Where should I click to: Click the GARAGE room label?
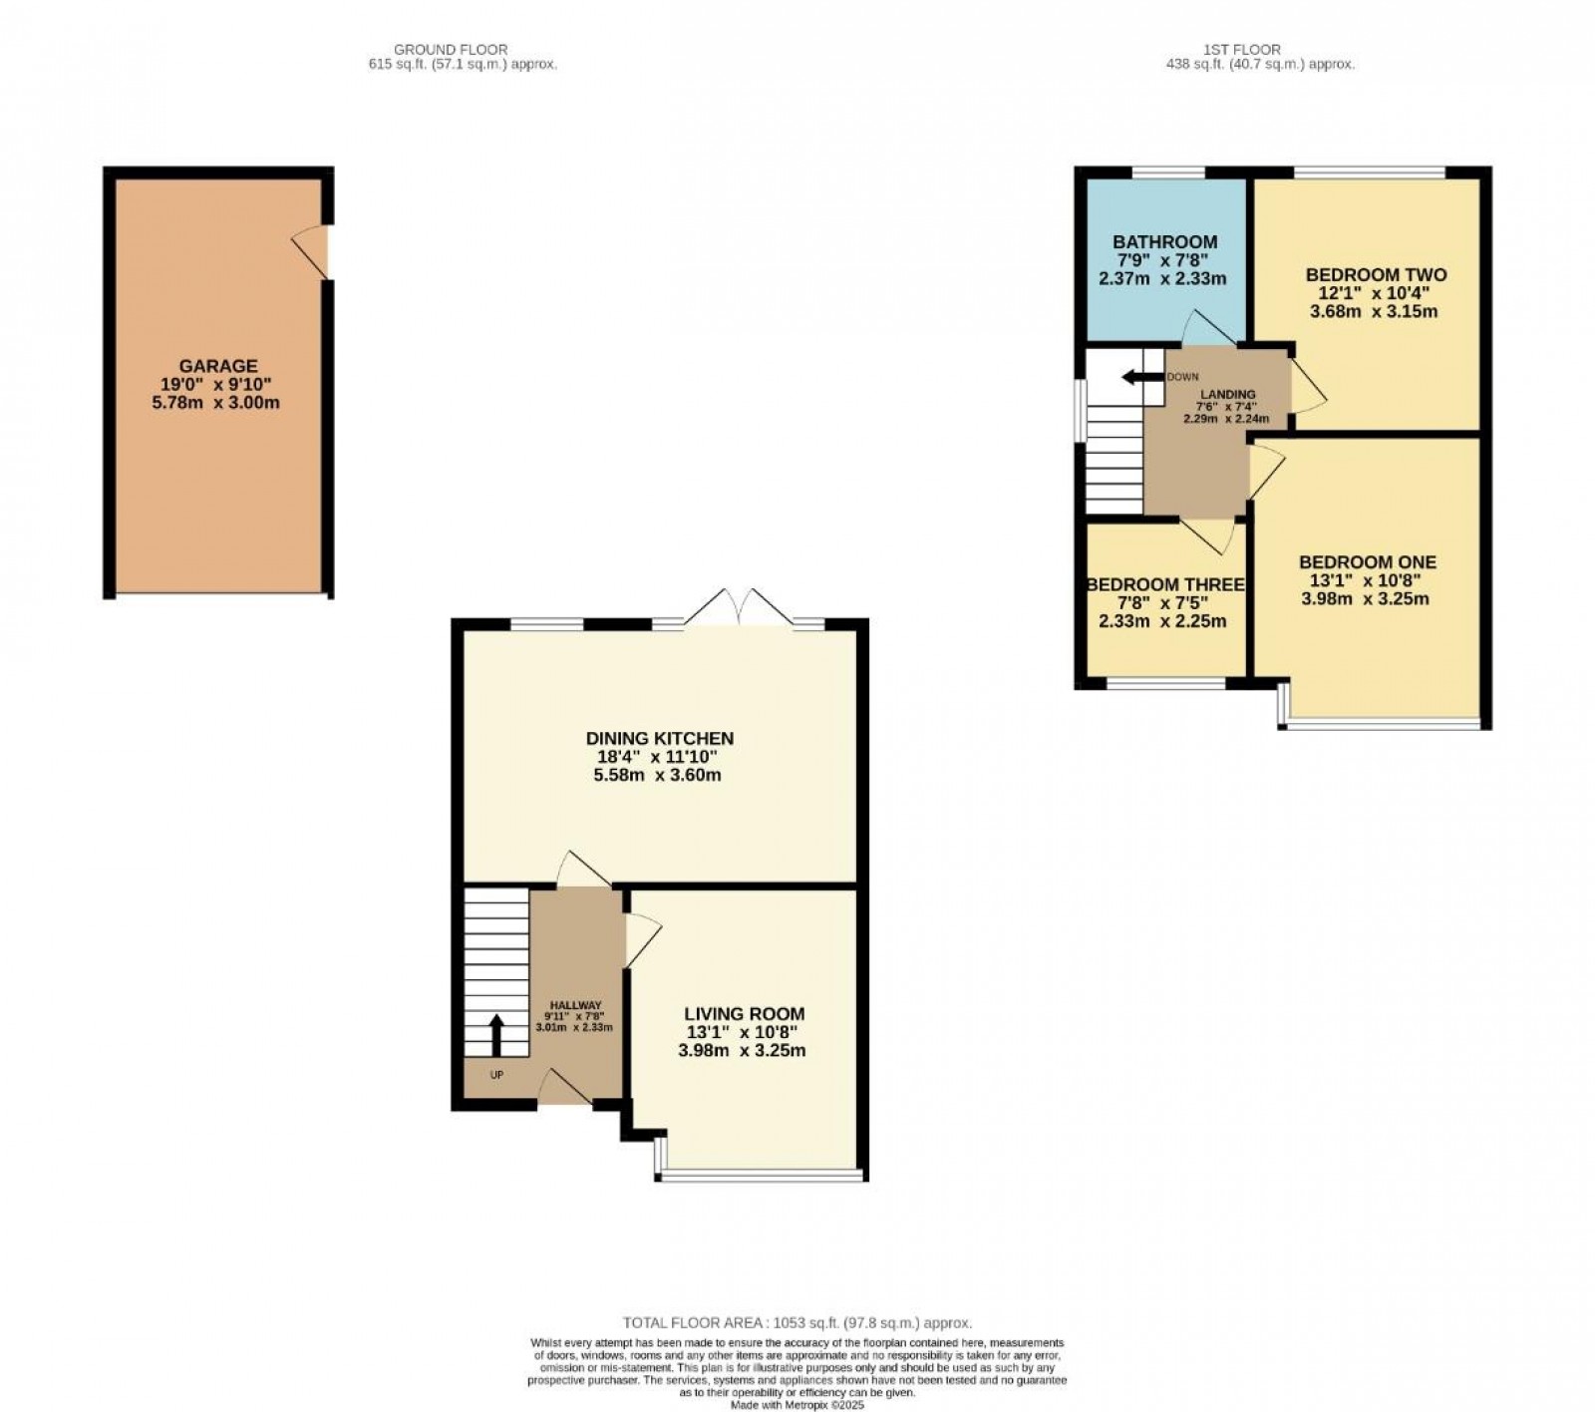coord(218,367)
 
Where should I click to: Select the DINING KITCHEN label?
coord(659,739)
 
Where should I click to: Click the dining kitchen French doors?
coord(738,607)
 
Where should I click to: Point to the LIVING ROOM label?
coord(744,1014)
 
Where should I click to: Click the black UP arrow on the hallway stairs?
coord(496,1034)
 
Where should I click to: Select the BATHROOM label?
coord(1165,242)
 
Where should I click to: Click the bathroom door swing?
coord(1206,328)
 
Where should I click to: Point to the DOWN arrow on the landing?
coord(1142,377)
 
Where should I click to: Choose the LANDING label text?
coord(1228,395)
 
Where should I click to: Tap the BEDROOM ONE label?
coord(1367,562)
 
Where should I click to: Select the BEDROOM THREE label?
coord(1165,584)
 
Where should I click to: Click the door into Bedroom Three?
coord(1209,535)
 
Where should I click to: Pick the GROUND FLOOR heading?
coord(451,50)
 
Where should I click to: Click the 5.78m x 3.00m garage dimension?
coord(218,403)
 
